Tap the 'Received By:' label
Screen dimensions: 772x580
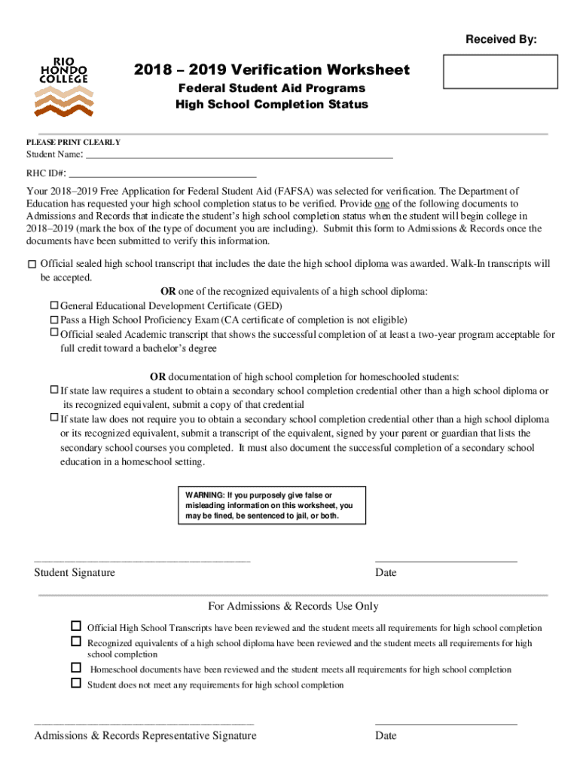click(501, 39)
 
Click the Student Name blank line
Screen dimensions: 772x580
click(240, 156)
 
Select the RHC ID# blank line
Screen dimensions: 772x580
click(157, 174)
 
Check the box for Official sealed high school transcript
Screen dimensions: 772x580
click(31, 265)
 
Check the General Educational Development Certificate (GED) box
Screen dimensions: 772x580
click(54, 306)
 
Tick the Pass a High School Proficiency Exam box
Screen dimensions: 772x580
click(54, 320)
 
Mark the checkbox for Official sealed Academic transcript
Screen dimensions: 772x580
click(54, 332)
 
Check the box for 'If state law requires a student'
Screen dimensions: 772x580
click(54, 390)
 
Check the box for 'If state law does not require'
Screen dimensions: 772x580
click(54, 418)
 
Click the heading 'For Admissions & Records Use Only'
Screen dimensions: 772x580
click(293, 606)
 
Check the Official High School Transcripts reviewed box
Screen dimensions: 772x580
click(76, 626)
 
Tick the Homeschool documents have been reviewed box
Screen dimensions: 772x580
click(76, 668)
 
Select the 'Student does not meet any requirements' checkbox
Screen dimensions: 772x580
click(76, 683)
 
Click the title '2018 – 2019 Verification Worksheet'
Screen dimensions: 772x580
click(272, 70)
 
